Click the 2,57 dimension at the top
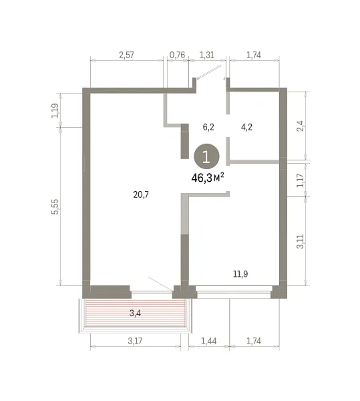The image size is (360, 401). pos(126,55)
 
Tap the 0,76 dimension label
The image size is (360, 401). pos(177,55)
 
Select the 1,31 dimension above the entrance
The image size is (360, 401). pos(206,55)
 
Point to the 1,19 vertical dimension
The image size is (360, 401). pos(55,110)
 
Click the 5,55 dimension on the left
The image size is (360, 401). pos(55,207)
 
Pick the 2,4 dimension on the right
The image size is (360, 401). pos(301,126)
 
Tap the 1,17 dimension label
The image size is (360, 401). pos(301,180)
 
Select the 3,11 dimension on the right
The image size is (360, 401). pos(301,241)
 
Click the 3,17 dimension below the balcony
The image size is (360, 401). pos(135,341)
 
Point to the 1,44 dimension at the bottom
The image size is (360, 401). pos(209,341)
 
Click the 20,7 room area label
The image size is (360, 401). pos(141,195)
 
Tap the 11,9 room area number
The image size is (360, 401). pos(240,274)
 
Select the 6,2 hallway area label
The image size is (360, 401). pos(208,127)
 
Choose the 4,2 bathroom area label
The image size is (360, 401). pos(246,127)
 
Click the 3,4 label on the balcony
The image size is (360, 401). pos(135,313)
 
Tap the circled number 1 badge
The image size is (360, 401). pos(206,156)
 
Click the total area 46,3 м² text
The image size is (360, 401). pos(208,178)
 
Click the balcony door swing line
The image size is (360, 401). pos(160,283)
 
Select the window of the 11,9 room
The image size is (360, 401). pos(234,292)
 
